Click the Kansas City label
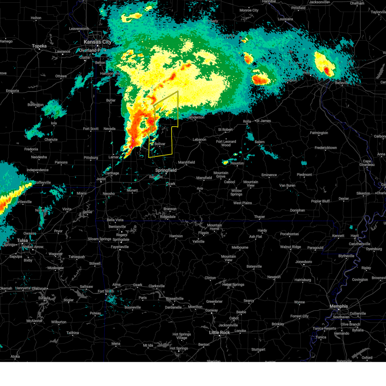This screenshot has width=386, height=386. (x=97, y=42)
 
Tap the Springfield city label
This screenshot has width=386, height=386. (x=166, y=170)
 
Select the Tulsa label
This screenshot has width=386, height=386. (x=22, y=240)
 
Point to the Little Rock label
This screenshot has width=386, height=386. (x=219, y=332)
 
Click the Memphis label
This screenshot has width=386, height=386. (x=339, y=306)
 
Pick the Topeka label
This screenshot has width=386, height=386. (x=39, y=46)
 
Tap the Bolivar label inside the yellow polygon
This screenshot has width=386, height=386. (x=160, y=144)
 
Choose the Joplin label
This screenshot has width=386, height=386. (x=101, y=179)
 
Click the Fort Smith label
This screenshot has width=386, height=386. (x=106, y=291)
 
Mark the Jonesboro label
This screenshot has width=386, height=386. (x=304, y=262)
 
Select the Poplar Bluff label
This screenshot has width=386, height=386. (x=320, y=201)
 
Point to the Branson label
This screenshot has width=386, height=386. (x=170, y=209)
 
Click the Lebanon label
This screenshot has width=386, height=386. (x=199, y=139)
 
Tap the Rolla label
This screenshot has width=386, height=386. (x=247, y=121)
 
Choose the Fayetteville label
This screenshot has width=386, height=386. (x=120, y=247)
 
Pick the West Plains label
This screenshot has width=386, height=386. (x=243, y=203)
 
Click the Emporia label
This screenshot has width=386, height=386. (x=12, y=91)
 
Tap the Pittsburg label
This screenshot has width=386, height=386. (x=91, y=158)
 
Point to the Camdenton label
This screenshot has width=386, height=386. (x=196, y=117)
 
